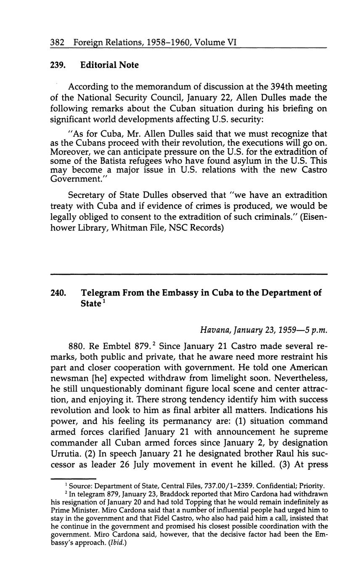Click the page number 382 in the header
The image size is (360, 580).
click(x=57, y=42)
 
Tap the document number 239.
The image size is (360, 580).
click(x=57, y=65)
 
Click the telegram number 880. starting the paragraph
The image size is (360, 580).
click(x=77, y=347)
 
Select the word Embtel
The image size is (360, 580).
click(x=116, y=347)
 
